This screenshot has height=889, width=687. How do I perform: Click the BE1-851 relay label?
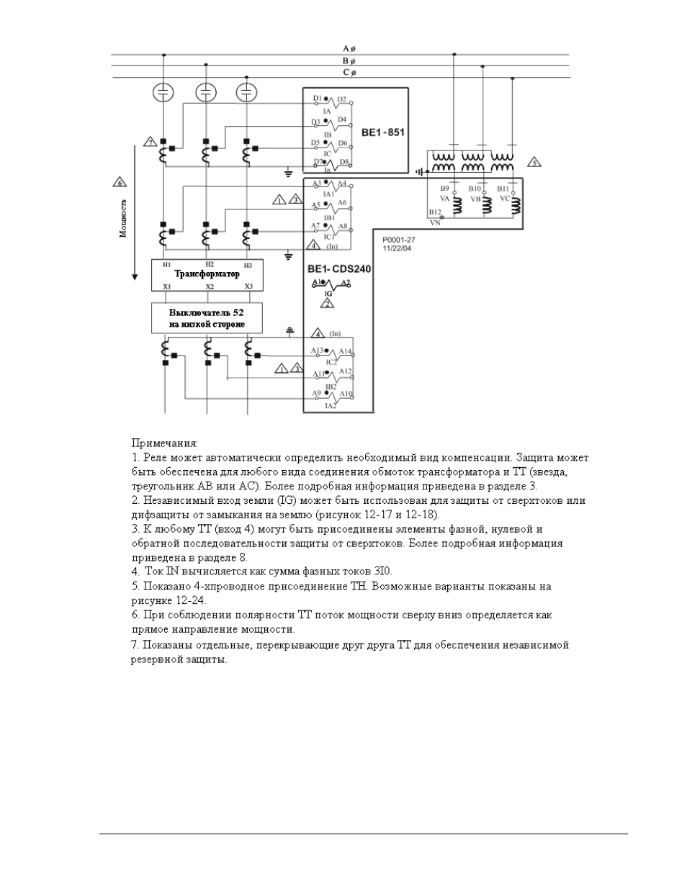[382, 133]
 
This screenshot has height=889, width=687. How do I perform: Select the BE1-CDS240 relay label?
[339, 269]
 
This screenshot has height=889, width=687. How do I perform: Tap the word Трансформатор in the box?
[207, 274]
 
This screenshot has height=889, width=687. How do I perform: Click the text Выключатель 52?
[207, 312]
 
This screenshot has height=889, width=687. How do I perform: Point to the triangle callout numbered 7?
[150, 142]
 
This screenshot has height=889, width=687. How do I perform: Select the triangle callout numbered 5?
[534, 162]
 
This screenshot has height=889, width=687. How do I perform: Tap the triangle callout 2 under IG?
[328, 304]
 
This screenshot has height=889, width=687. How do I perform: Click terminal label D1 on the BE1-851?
[317, 98]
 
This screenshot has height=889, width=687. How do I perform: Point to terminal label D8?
[344, 162]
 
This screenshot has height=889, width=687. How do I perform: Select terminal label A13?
[317, 351]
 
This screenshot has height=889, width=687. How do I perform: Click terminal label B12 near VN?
[434, 212]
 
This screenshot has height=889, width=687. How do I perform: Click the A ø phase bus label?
[349, 49]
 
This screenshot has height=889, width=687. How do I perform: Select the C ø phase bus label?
[349, 73]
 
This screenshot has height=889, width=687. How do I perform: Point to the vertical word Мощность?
[123, 218]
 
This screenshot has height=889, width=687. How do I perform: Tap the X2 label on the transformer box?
[210, 286]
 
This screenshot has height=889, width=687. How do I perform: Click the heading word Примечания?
[164, 443]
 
